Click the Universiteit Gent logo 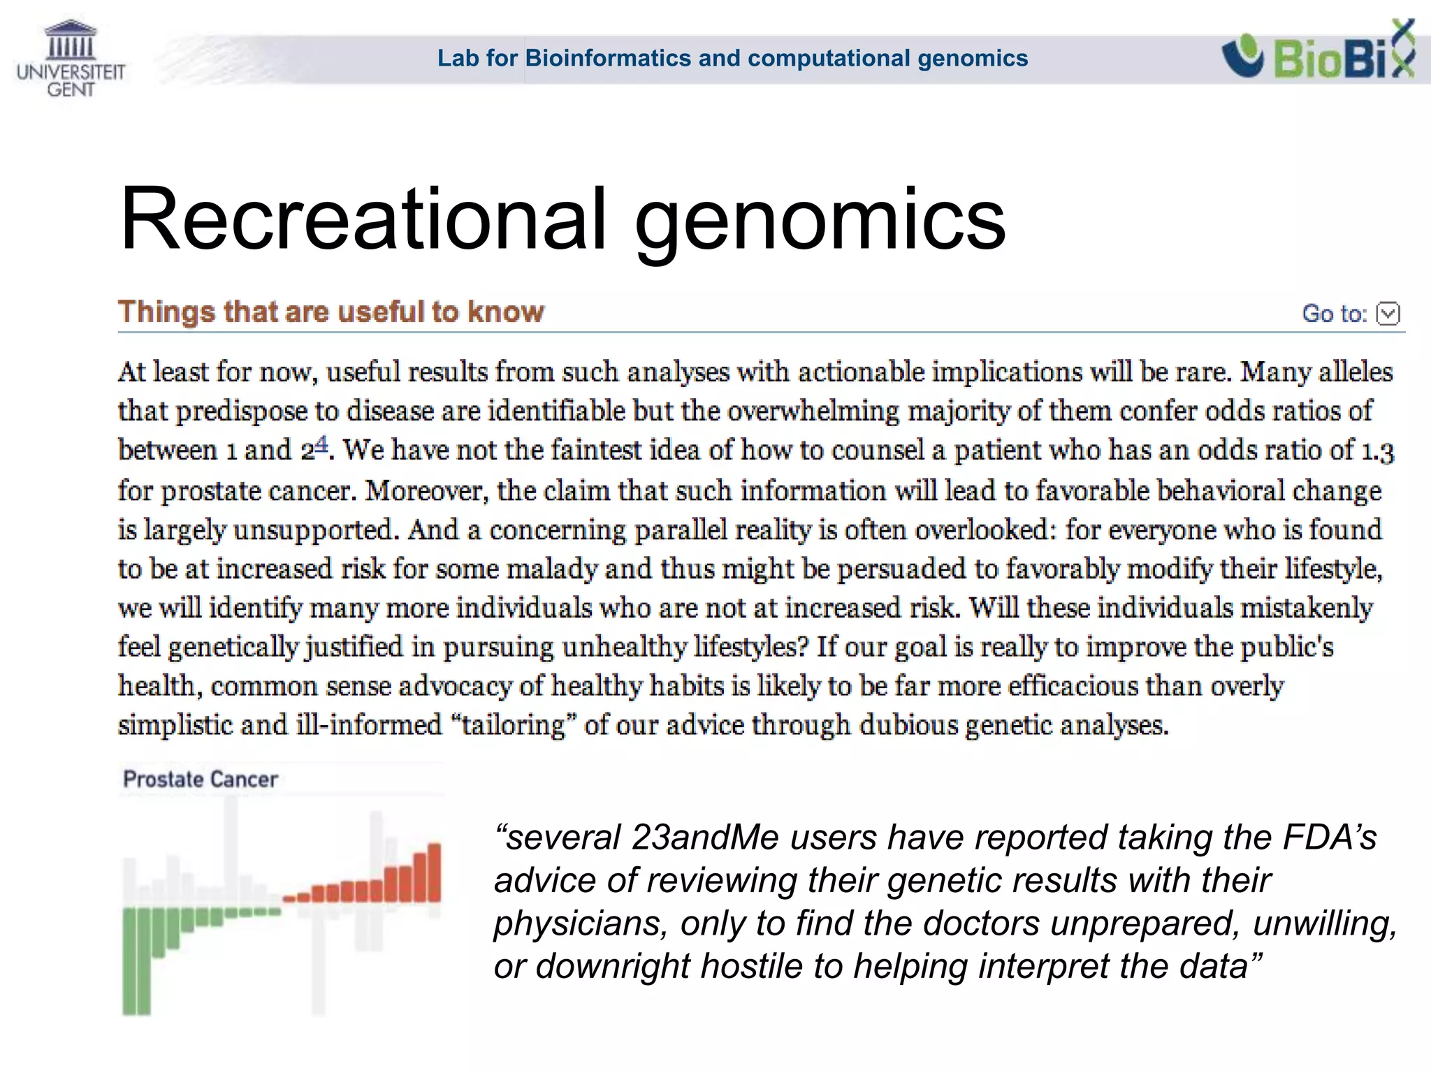(x=71, y=59)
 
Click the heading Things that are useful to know (x=330, y=312)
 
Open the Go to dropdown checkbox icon (x=1388, y=314)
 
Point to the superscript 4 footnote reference (x=321, y=443)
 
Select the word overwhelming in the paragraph (x=813, y=411)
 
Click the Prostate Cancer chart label (x=200, y=779)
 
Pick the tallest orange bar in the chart (x=434, y=873)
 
